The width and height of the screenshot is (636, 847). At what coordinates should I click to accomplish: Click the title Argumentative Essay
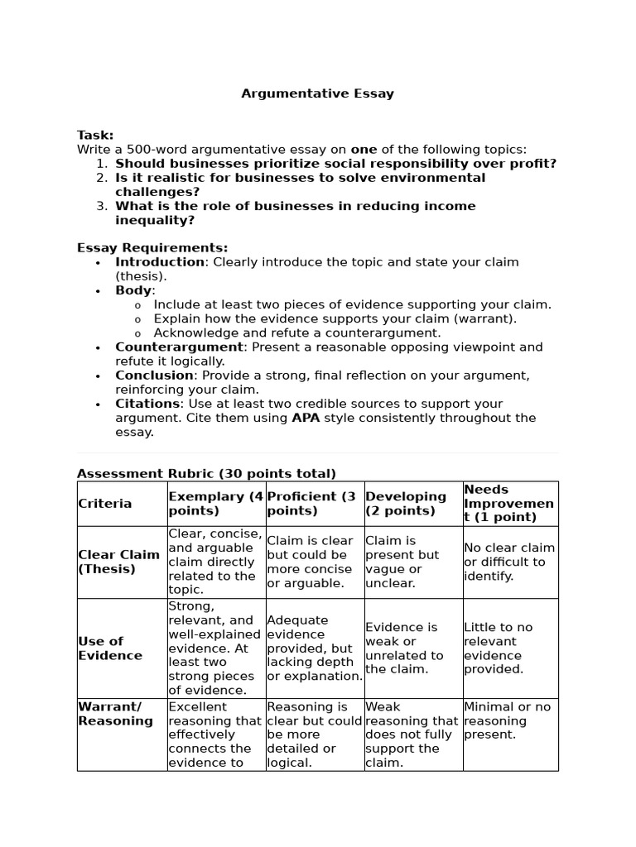pos(317,93)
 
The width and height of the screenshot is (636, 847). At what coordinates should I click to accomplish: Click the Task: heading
pos(95,135)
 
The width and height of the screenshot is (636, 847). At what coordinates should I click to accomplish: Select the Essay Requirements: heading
pos(152,247)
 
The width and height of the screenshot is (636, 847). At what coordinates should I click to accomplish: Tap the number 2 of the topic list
pos(101,178)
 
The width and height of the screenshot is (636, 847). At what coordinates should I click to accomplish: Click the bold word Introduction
pos(160,262)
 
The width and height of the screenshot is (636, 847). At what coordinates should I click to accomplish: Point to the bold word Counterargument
pos(179,347)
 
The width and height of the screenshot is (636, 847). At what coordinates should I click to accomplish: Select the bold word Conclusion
pos(154,376)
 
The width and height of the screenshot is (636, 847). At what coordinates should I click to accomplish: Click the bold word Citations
pos(147,404)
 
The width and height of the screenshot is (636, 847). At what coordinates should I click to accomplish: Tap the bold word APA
pos(306,418)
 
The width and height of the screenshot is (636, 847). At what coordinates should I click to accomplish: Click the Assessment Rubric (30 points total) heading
pos(206,474)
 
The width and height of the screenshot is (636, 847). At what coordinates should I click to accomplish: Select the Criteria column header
pos(105,504)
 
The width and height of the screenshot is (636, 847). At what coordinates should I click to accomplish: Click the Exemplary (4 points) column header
pos(216,504)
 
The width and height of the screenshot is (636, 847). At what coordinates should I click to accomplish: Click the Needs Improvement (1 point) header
pos(508,504)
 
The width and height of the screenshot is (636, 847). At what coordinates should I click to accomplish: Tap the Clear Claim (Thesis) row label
pos(118,562)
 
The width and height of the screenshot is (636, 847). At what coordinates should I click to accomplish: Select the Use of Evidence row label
pos(110,648)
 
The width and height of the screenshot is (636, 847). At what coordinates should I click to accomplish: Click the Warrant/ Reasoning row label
pos(115,714)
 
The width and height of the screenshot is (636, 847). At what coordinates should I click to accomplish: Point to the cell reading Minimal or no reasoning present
pos(507,720)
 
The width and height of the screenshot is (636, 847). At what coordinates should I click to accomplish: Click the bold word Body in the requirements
pos(133,290)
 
